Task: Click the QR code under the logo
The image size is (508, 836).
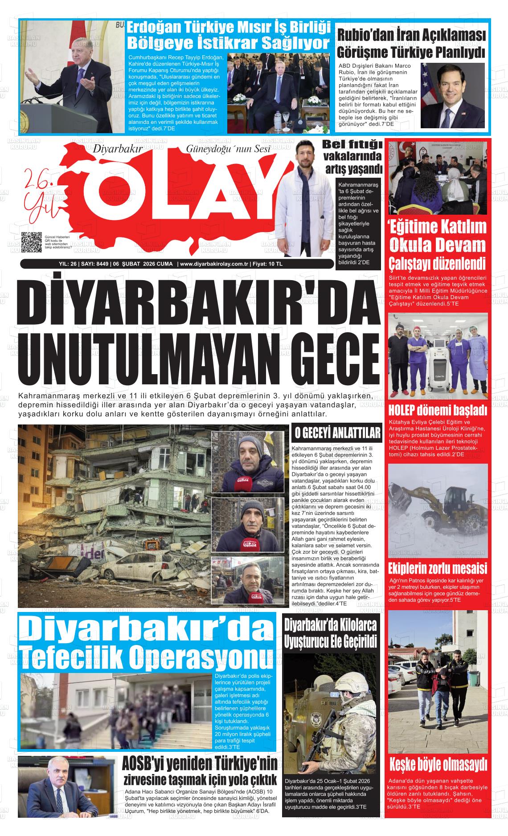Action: click(31, 243)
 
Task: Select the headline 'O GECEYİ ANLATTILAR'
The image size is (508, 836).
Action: click(336, 433)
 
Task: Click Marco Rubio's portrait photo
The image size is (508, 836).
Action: click(452, 95)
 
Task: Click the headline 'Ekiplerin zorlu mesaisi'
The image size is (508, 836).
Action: click(438, 569)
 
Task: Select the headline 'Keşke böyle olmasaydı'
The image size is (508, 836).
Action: click(438, 765)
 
